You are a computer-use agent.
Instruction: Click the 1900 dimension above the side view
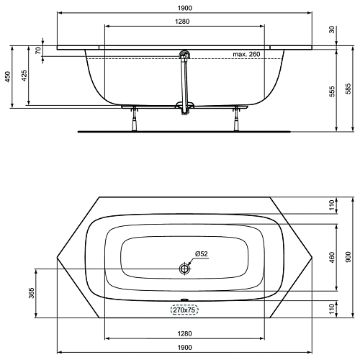coord(185,8)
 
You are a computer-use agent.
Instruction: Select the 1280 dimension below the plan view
coord(185,333)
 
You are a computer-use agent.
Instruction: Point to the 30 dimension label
coord(331,30)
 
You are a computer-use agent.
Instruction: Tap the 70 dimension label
coord(38,50)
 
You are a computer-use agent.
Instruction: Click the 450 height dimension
coord(8,77)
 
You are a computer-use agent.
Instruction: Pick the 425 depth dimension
coord(24,76)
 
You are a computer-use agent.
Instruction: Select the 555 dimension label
coord(331,91)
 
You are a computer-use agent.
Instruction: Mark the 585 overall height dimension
coord(348,89)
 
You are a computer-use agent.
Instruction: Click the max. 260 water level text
coord(246,54)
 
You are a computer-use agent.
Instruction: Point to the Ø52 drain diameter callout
coord(202,253)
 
